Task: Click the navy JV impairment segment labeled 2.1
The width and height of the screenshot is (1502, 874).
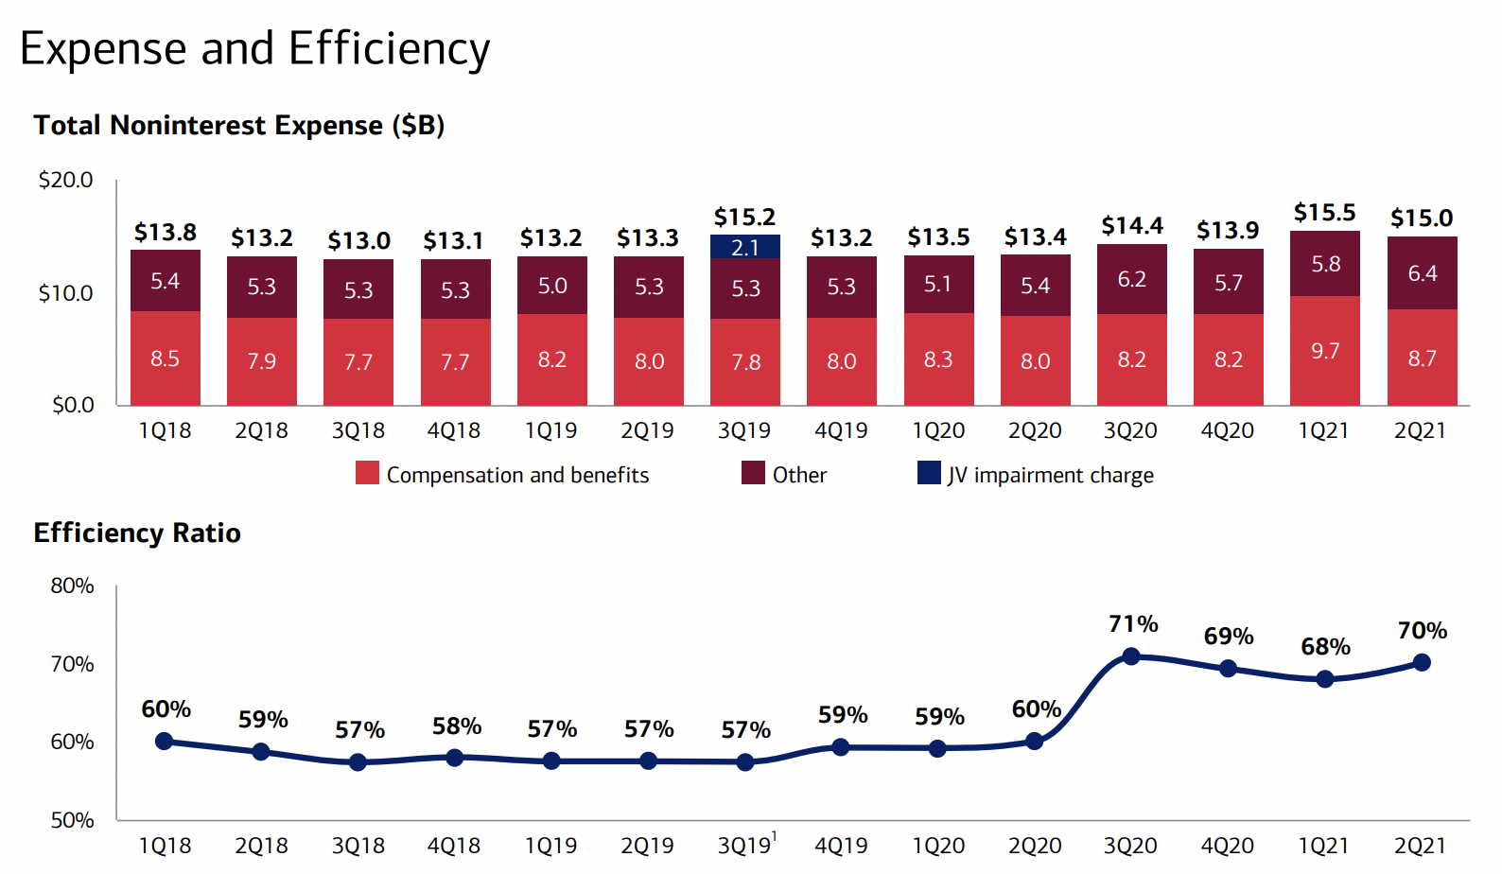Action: [745, 247]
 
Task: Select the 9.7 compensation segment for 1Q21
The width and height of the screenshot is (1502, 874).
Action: [1325, 351]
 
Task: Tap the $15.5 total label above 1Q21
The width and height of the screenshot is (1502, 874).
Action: [1324, 213]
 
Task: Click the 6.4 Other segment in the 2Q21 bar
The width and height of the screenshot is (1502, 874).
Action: [1422, 273]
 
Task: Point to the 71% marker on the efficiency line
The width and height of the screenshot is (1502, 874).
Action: [1130, 656]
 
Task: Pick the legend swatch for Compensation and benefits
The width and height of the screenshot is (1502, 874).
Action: [367, 473]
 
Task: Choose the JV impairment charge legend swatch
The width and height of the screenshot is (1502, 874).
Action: [929, 473]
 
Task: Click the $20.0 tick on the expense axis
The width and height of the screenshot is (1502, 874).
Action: [65, 180]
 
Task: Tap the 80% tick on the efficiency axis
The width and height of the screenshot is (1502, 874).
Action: [72, 586]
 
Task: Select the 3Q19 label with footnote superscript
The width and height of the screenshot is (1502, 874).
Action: [746, 845]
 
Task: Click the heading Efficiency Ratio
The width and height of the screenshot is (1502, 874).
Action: [137, 533]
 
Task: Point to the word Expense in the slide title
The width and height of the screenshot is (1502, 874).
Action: [103, 49]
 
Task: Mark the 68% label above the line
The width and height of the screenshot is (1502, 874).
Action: [1325, 647]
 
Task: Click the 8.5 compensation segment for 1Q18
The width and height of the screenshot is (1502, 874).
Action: [165, 358]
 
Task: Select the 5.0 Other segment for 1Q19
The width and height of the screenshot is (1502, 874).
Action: [551, 286]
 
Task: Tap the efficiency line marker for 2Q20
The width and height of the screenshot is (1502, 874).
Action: [1035, 741]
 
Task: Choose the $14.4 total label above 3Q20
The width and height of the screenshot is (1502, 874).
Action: [1131, 226]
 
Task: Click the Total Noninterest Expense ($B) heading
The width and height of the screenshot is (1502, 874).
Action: [238, 126]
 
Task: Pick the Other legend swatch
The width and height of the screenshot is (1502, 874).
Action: [753, 473]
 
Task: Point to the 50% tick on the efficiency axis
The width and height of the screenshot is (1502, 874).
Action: [72, 820]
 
